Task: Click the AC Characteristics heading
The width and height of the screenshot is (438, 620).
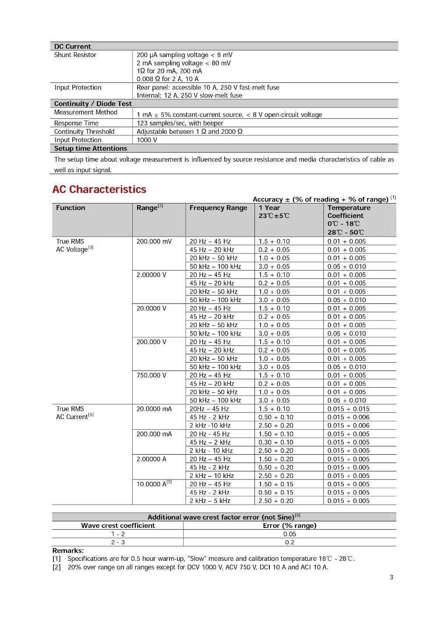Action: pos(99,189)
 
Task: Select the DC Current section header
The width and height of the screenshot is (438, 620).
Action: pos(73,46)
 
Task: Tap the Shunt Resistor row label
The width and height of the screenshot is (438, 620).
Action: pos(75,55)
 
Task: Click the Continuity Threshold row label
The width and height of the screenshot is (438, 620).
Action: pos(84,132)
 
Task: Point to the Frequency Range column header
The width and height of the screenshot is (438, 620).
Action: pos(218,208)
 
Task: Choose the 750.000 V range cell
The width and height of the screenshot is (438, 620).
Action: pos(152,375)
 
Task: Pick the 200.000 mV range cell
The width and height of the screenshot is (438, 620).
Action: pos(154,242)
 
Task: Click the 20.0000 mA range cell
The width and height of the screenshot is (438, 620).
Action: pos(154,409)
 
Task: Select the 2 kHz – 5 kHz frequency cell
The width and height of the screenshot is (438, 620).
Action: pos(210,501)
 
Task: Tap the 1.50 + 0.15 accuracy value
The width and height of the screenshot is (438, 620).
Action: pos(276,484)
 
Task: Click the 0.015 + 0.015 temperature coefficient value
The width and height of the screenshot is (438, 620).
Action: pos(349,409)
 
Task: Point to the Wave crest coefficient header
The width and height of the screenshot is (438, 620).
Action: pos(118,526)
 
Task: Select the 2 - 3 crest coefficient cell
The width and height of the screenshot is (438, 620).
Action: pos(118,542)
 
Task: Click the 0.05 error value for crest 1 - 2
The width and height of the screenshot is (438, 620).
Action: pos(290,534)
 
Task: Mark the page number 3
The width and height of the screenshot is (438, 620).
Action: pos(392,577)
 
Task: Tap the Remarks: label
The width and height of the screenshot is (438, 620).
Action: pos(68,551)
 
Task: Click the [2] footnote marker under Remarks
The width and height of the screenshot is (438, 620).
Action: pos(57,567)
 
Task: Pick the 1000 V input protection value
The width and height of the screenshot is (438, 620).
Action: pos(147,140)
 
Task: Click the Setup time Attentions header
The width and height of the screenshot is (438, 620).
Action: pos(91,149)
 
